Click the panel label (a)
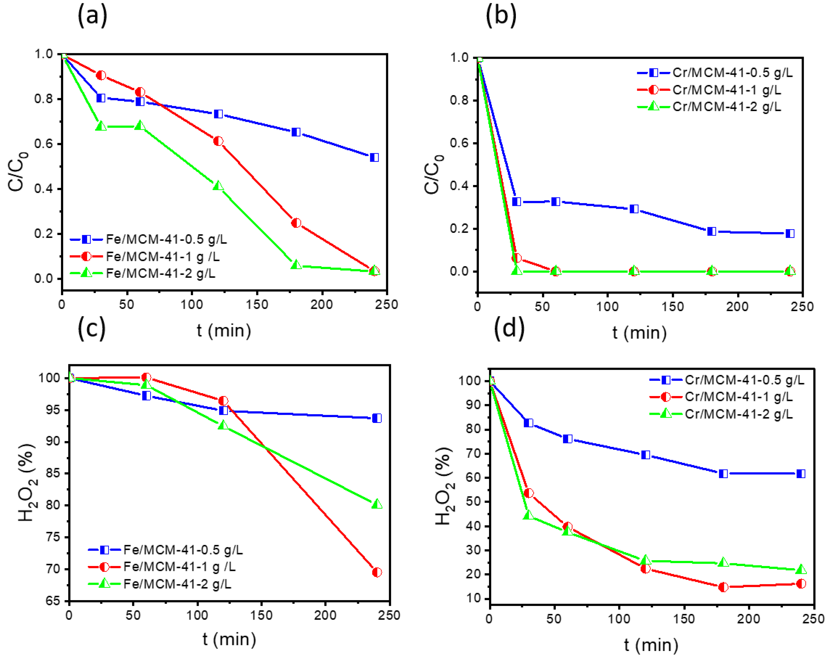pyautogui.click(x=92, y=16)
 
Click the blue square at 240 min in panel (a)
pyautogui.click(x=374, y=157)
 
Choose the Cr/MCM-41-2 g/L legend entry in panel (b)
pyautogui.click(x=726, y=107)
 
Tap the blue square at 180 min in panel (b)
pyautogui.click(x=711, y=231)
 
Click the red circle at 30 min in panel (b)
pyautogui.click(x=517, y=258)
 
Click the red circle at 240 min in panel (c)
pyautogui.click(x=377, y=572)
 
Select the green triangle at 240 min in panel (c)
pyautogui.click(x=377, y=504)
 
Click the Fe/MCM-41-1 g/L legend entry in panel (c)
pyautogui.click(x=179, y=567)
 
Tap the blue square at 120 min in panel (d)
pyautogui.click(x=645, y=455)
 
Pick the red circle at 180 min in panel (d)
pyautogui.click(x=723, y=587)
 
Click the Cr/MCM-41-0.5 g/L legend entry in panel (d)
pyautogui.click(x=744, y=380)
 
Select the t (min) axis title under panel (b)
pyautogui.click(x=639, y=333)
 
